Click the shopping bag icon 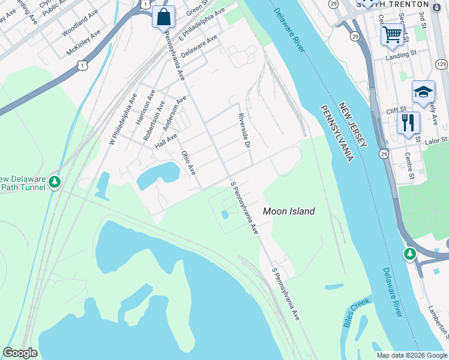163,17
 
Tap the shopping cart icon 392,34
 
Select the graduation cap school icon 423,92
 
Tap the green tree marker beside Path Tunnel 55,181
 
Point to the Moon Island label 289,211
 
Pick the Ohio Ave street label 188,163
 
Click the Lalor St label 436,140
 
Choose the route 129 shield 441,64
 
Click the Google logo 20,353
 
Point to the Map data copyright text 411,355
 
